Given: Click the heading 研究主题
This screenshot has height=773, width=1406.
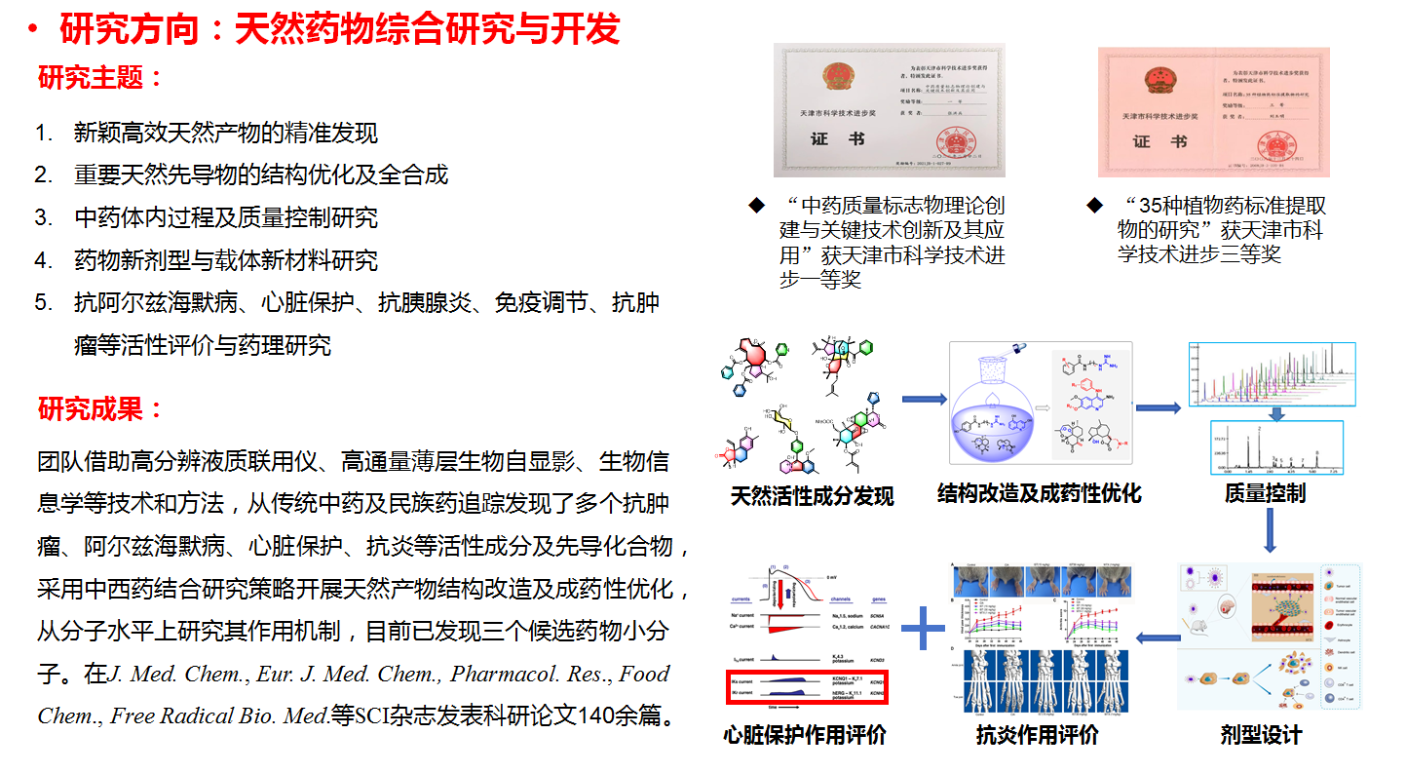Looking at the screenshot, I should [101, 79].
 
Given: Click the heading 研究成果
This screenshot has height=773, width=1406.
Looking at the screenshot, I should [101, 409].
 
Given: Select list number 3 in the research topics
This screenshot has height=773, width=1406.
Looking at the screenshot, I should [44, 218].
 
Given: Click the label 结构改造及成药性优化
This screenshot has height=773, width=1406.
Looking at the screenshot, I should [1039, 492].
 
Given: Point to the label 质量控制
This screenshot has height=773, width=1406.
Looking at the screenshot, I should [1265, 493].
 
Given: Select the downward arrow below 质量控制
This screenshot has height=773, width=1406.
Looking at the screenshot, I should [1271, 532].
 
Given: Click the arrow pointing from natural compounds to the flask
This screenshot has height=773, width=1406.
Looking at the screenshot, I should [924, 399].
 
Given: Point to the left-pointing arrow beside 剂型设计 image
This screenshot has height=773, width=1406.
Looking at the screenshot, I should [1142, 638].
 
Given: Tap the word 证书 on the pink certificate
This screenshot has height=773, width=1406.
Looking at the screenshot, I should [1159, 142].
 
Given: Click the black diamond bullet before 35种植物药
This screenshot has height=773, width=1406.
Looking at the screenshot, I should [1095, 206].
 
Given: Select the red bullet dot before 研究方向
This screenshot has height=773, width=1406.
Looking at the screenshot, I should [32, 31].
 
